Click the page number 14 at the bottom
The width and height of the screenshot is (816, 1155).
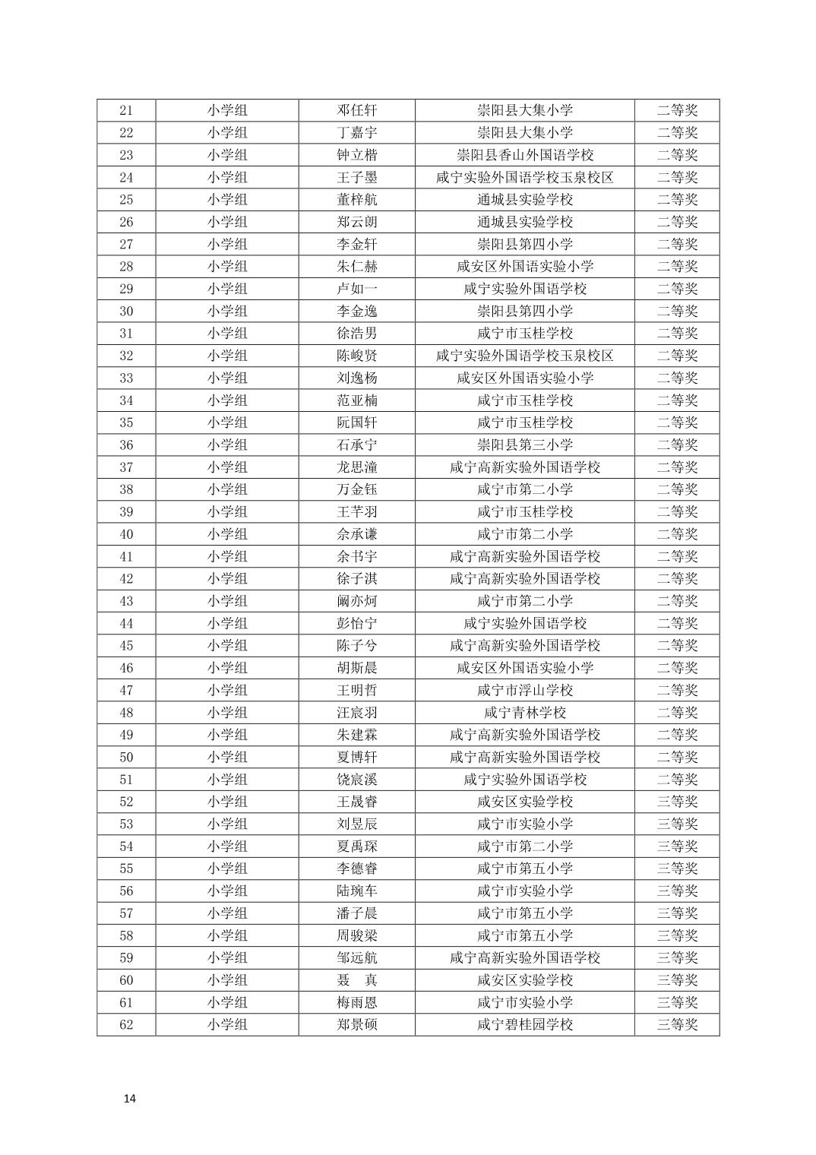[x=129, y=1099]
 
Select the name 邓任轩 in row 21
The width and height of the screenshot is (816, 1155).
[x=357, y=110]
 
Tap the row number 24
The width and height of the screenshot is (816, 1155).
[x=126, y=177]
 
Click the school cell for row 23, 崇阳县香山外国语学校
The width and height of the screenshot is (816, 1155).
[x=525, y=155]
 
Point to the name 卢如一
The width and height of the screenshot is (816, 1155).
[x=357, y=289]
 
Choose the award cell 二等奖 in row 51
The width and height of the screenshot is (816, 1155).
[x=677, y=780]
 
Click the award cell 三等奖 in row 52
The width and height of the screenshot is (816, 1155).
[x=677, y=802]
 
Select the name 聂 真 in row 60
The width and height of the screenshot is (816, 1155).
[x=357, y=980]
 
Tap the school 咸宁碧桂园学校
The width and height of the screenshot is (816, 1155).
[x=525, y=1024]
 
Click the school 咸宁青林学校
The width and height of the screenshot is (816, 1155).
[x=525, y=713]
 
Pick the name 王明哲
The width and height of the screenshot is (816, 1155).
[x=357, y=690]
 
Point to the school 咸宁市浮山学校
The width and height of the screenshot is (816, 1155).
[x=525, y=690]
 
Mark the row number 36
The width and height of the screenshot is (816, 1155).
[x=126, y=445]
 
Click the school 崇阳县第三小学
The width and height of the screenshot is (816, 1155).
[x=525, y=445]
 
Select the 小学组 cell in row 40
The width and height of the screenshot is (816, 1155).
[x=227, y=534]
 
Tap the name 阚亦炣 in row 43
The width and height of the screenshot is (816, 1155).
[x=357, y=601]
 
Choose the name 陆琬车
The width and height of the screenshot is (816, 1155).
[x=357, y=891]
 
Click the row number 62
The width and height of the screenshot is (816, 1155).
[x=126, y=1024]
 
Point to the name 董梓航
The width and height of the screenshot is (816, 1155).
[x=357, y=199]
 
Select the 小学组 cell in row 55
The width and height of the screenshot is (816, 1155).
[x=227, y=869]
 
